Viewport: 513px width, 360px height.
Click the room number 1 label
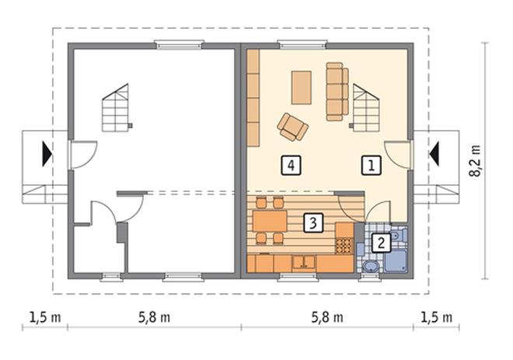(372, 166)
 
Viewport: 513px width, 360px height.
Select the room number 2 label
(381, 243)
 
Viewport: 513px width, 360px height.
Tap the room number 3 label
(313, 223)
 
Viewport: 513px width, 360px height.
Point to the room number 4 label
(291, 166)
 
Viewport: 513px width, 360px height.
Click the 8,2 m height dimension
(476, 161)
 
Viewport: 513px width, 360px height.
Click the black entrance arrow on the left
(47, 153)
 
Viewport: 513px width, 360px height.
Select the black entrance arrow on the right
(434, 153)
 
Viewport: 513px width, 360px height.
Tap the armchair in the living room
(292, 127)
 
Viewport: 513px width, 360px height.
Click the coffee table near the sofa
(302, 87)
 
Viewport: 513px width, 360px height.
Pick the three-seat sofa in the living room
(337, 92)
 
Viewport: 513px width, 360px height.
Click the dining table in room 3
(270, 221)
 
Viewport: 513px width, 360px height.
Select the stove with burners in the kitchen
(344, 246)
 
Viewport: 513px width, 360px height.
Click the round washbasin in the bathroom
(370, 266)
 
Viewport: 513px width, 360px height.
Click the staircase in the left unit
(116, 108)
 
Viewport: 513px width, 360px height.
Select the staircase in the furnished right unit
(365, 108)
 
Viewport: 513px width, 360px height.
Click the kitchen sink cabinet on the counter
(304, 264)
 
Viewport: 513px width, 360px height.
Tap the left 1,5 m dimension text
(45, 317)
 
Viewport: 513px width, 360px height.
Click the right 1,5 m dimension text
(437, 317)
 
